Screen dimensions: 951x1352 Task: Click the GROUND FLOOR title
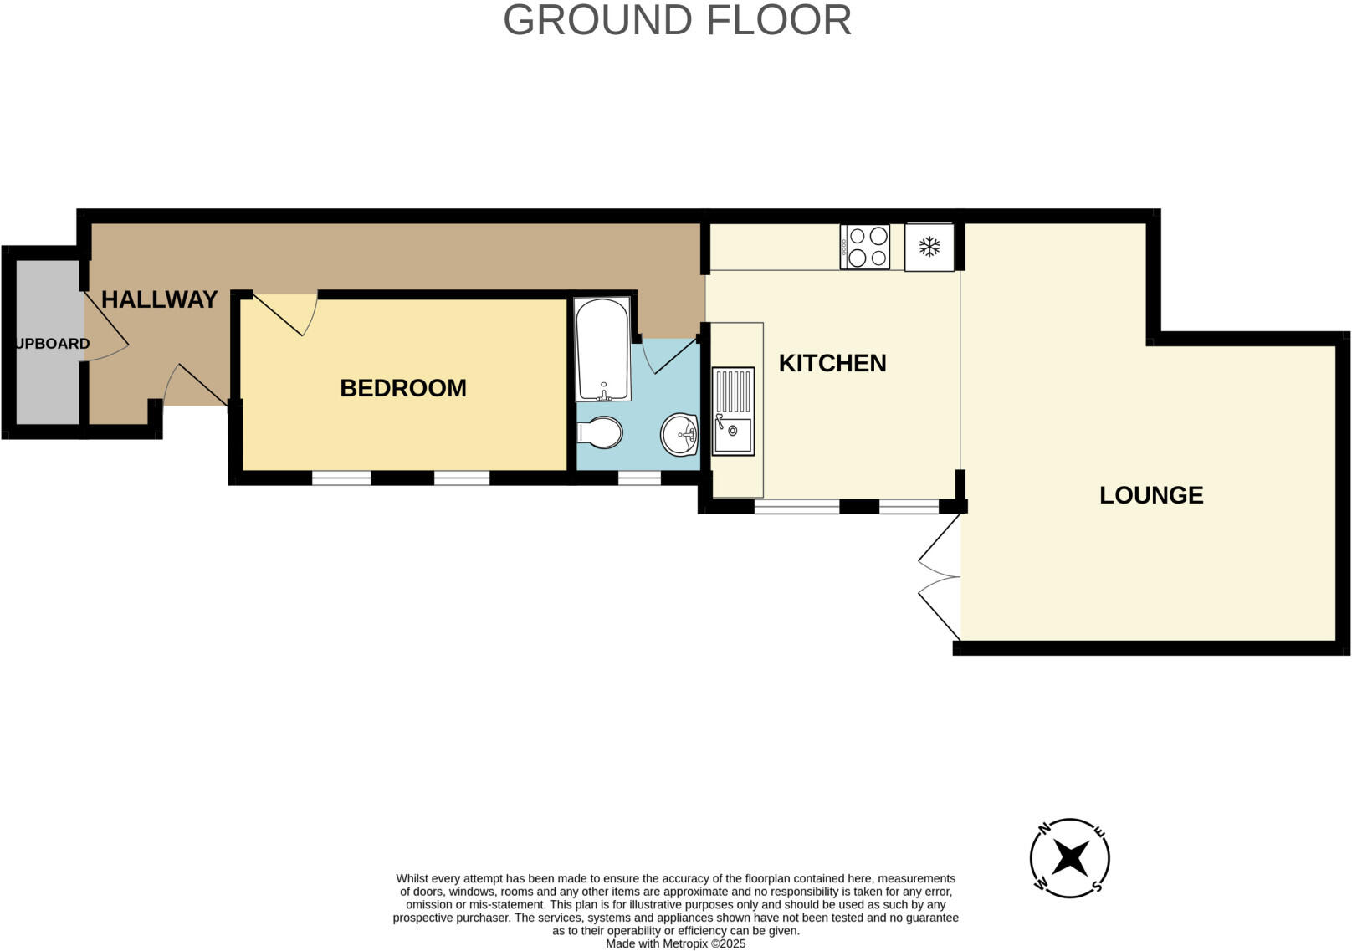tap(677, 20)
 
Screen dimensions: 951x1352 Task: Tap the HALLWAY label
tap(159, 299)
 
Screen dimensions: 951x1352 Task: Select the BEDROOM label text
tap(402, 388)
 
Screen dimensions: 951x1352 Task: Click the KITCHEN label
tap(832, 363)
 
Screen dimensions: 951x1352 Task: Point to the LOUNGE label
tap(1150, 495)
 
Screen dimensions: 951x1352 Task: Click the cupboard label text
tap(52, 344)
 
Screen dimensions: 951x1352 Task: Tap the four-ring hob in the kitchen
tap(864, 247)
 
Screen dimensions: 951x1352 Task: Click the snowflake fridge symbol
tap(929, 247)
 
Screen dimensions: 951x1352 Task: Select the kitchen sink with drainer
tap(733, 412)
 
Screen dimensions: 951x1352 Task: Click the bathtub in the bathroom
tap(602, 349)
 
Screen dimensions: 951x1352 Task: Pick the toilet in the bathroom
tap(600, 433)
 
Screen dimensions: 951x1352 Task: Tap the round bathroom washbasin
tap(679, 434)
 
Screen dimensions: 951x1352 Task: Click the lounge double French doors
tap(940, 576)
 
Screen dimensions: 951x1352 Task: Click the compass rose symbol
tap(1069, 858)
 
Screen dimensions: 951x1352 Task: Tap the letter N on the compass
tap(1044, 830)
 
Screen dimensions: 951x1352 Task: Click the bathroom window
tap(639, 478)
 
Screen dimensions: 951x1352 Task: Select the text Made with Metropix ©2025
tap(675, 943)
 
